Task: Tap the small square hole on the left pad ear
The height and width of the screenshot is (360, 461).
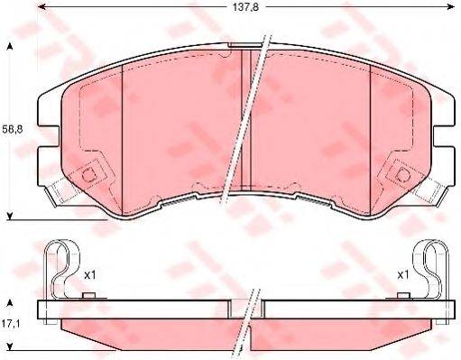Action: [88, 177]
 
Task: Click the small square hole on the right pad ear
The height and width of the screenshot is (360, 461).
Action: [400, 177]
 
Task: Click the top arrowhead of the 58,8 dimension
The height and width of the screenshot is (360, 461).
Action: [11, 45]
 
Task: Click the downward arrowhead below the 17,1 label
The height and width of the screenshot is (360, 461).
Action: [11, 346]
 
